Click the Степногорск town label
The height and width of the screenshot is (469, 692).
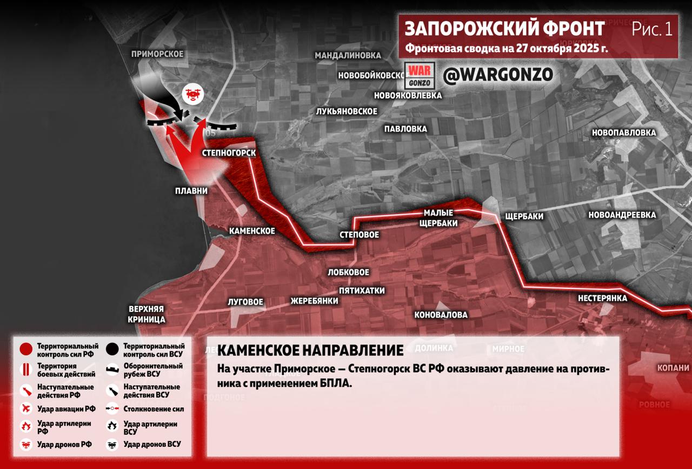(229, 153)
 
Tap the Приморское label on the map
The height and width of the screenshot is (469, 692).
(157, 54)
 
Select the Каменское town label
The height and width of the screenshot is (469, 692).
(252, 231)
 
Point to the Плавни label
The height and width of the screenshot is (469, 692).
(191, 191)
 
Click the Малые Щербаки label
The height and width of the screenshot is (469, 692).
(438, 217)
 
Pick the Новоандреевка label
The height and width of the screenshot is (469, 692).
(622, 215)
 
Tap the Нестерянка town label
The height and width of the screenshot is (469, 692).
(602, 298)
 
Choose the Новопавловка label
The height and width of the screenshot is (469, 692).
(624, 133)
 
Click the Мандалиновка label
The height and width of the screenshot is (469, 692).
(348, 55)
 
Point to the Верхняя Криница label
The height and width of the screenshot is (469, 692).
(147, 314)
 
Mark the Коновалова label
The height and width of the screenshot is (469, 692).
(441, 315)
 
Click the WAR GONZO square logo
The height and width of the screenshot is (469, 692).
(420, 76)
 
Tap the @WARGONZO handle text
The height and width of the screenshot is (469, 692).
(498, 75)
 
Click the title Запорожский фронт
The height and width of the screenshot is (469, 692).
(505, 29)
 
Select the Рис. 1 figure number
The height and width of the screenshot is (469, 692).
(653, 29)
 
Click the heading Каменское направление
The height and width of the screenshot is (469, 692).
(310, 351)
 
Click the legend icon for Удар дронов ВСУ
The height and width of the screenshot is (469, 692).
(113, 445)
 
